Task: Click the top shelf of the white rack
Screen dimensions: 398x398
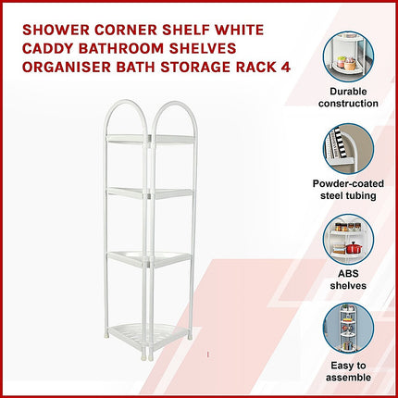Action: tap(151, 139)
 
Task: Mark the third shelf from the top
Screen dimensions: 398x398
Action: tap(151, 259)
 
